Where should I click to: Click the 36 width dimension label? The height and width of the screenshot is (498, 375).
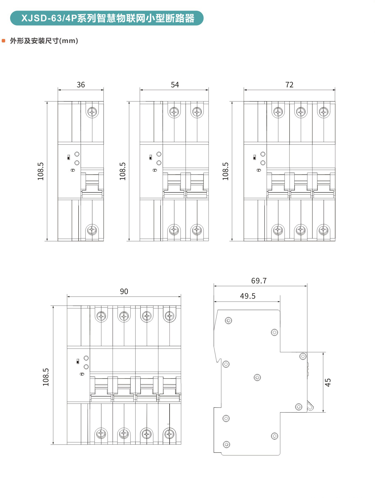click(x=81, y=85)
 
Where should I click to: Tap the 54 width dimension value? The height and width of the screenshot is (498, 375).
click(x=175, y=85)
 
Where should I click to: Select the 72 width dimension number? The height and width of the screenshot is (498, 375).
click(x=289, y=85)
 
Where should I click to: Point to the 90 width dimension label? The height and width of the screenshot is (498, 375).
click(x=124, y=291)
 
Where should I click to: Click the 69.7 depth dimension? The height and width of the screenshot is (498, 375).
click(x=259, y=281)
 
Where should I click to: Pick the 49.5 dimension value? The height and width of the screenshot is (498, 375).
click(x=248, y=296)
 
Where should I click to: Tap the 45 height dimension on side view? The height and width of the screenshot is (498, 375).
click(x=328, y=382)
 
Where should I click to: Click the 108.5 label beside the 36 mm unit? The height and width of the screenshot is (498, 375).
click(x=41, y=171)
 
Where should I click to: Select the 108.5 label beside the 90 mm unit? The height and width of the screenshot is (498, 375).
click(x=46, y=377)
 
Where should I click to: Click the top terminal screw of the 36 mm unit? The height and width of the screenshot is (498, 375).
click(x=92, y=112)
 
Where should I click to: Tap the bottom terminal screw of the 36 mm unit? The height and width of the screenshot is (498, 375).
click(x=92, y=230)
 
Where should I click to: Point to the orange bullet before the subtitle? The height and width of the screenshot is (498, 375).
click(x=3, y=41)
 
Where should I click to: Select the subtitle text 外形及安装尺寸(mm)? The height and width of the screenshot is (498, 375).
click(x=44, y=41)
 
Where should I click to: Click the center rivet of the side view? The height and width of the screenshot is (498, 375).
click(x=257, y=377)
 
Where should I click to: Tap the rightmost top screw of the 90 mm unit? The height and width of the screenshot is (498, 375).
click(x=169, y=316)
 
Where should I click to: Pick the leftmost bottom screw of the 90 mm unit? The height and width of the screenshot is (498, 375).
click(x=101, y=433)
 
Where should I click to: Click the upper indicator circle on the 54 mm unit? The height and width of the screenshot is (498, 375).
click(x=159, y=154)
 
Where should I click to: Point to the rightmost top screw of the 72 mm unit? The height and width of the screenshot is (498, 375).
click(x=324, y=112)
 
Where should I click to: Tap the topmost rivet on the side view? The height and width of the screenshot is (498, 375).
click(x=228, y=320)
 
